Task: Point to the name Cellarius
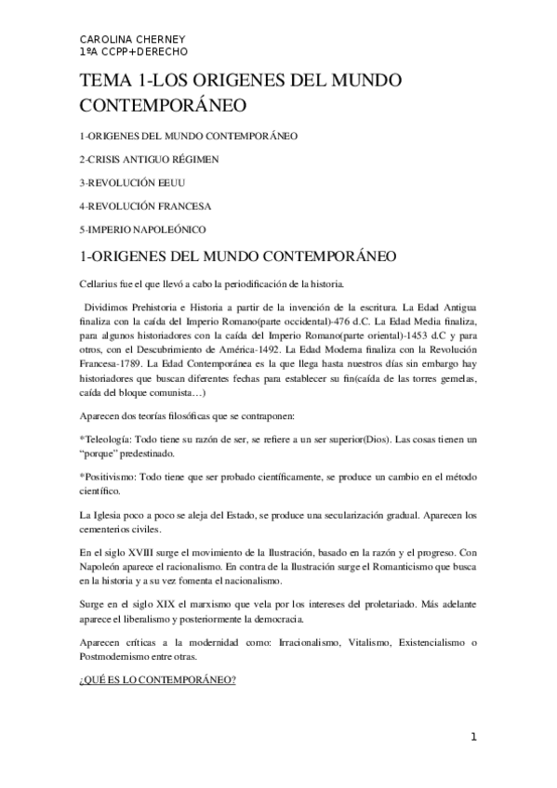[x=99, y=282]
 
